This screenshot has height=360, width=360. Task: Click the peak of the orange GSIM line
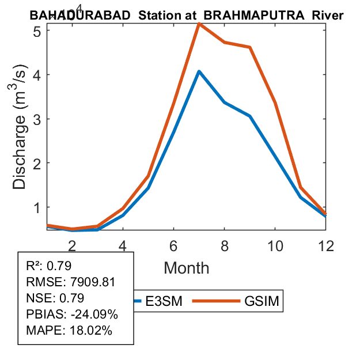[x=199, y=24]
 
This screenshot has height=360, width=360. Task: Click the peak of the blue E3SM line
[x=199, y=71]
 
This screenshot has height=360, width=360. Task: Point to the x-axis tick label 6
[x=173, y=246]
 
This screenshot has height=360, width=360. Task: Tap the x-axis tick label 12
[x=325, y=246]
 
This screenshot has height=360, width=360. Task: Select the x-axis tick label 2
[x=72, y=246]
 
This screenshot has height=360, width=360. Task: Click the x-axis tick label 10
[x=275, y=246]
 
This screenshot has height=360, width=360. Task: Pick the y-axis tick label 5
[x=36, y=31]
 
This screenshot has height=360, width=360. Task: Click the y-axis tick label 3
[x=36, y=119]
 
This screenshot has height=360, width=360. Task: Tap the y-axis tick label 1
[x=36, y=207]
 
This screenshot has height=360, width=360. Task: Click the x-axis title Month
[x=186, y=268]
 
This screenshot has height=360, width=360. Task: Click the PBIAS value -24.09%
[x=92, y=314]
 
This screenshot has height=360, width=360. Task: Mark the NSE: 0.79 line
[x=55, y=298]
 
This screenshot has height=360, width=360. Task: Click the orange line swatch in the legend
[x=215, y=301]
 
